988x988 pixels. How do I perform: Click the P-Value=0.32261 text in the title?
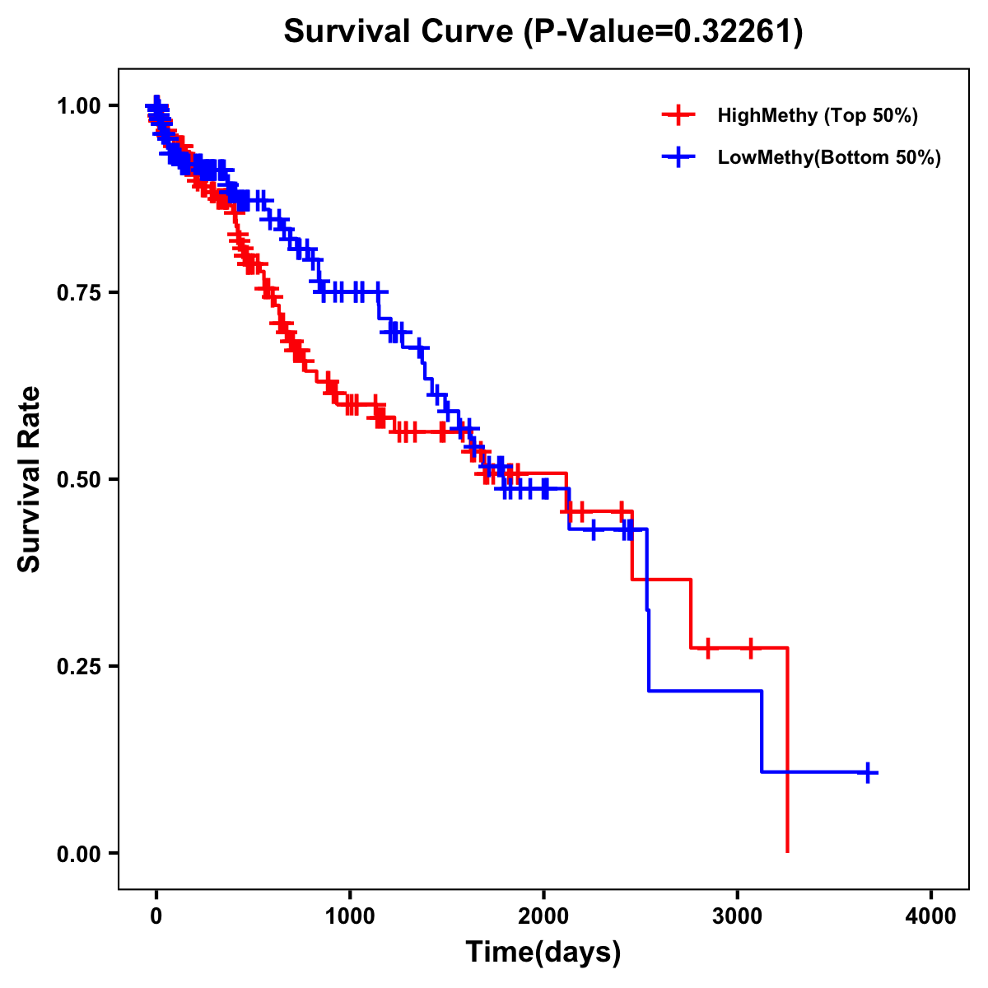pyautogui.click(x=664, y=32)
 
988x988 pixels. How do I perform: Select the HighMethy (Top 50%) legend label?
pyautogui.click(x=817, y=115)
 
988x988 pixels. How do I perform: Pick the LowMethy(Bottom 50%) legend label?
pyautogui.click(x=829, y=157)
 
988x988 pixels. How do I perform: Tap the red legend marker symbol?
pyautogui.click(x=678, y=115)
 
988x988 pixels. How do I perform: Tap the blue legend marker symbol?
pyautogui.click(x=678, y=157)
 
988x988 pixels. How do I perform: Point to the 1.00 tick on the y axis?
pyautogui.click(x=77, y=105)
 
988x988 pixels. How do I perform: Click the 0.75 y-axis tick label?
pyautogui.click(x=77, y=292)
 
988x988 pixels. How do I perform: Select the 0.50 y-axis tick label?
pyautogui.click(x=77, y=479)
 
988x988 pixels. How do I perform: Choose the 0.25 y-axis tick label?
pyautogui.click(x=77, y=666)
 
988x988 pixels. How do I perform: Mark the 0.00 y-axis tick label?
pyautogui.click(x=77, y=853)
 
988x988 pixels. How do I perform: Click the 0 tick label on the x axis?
pyautogui.click(x=156, y=916)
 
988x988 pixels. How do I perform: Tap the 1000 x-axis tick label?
pyautogui.click(x=350, y=916)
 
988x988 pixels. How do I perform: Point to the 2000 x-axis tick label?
pyautogui.click(x=543, y=916)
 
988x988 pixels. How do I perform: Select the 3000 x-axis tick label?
pyautogui.click(x=738, y=916)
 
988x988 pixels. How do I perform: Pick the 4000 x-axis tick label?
pyautogui.click(x=931, y=916)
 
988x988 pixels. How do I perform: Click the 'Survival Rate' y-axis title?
pyautogui.click(x=30, y=478)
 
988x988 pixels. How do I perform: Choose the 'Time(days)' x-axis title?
pyautogui.click(x=543, y=953)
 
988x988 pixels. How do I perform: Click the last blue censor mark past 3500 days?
pyautogui.click(x=868, y=772)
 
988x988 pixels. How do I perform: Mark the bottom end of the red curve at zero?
pyautogui.click(x=788, y=851)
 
